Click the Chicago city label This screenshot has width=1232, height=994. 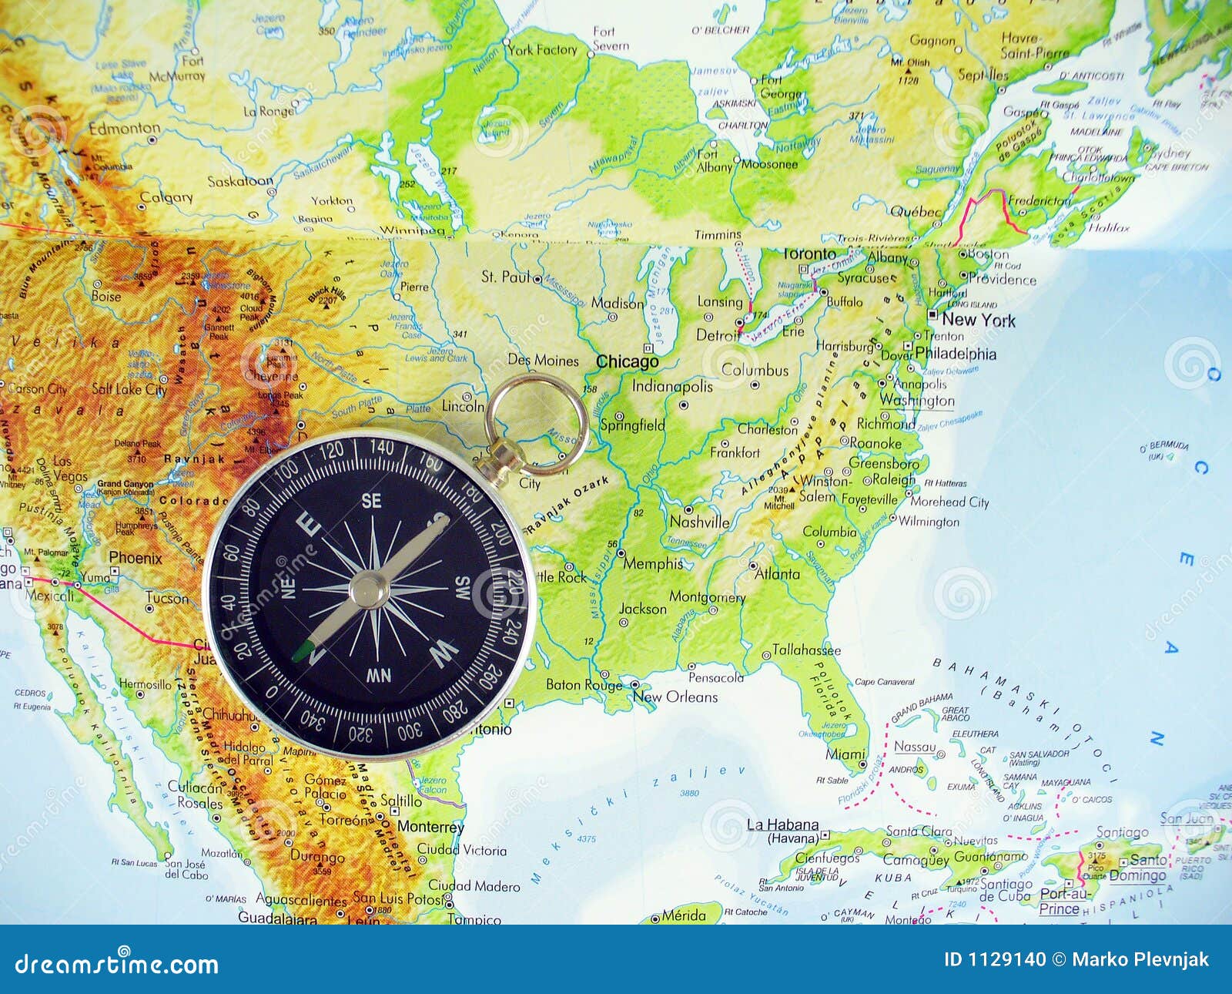pos(628,361)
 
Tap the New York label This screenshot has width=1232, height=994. pos(979,320)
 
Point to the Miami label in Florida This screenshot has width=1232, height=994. pos(845,754)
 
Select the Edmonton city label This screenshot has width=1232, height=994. pos(124,129)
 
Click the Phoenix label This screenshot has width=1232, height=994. pos(136,558)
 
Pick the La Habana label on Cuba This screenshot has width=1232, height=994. pos(782,824)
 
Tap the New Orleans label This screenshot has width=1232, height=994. pos(675,697)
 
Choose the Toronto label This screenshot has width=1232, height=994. pos(808,254)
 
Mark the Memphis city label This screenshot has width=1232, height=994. pos(652,564)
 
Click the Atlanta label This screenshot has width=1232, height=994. pos(777,574)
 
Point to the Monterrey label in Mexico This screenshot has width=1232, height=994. pos(430,827)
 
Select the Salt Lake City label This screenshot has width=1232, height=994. pos(129,389)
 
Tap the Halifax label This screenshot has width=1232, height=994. pos(1110,227)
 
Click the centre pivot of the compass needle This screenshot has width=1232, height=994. pos(370,590)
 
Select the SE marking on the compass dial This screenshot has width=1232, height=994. pos(372,501)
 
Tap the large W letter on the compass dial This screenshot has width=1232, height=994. pos(444,655)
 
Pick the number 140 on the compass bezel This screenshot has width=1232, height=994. pos(381,446)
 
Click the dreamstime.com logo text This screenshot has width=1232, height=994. pos(117,964)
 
